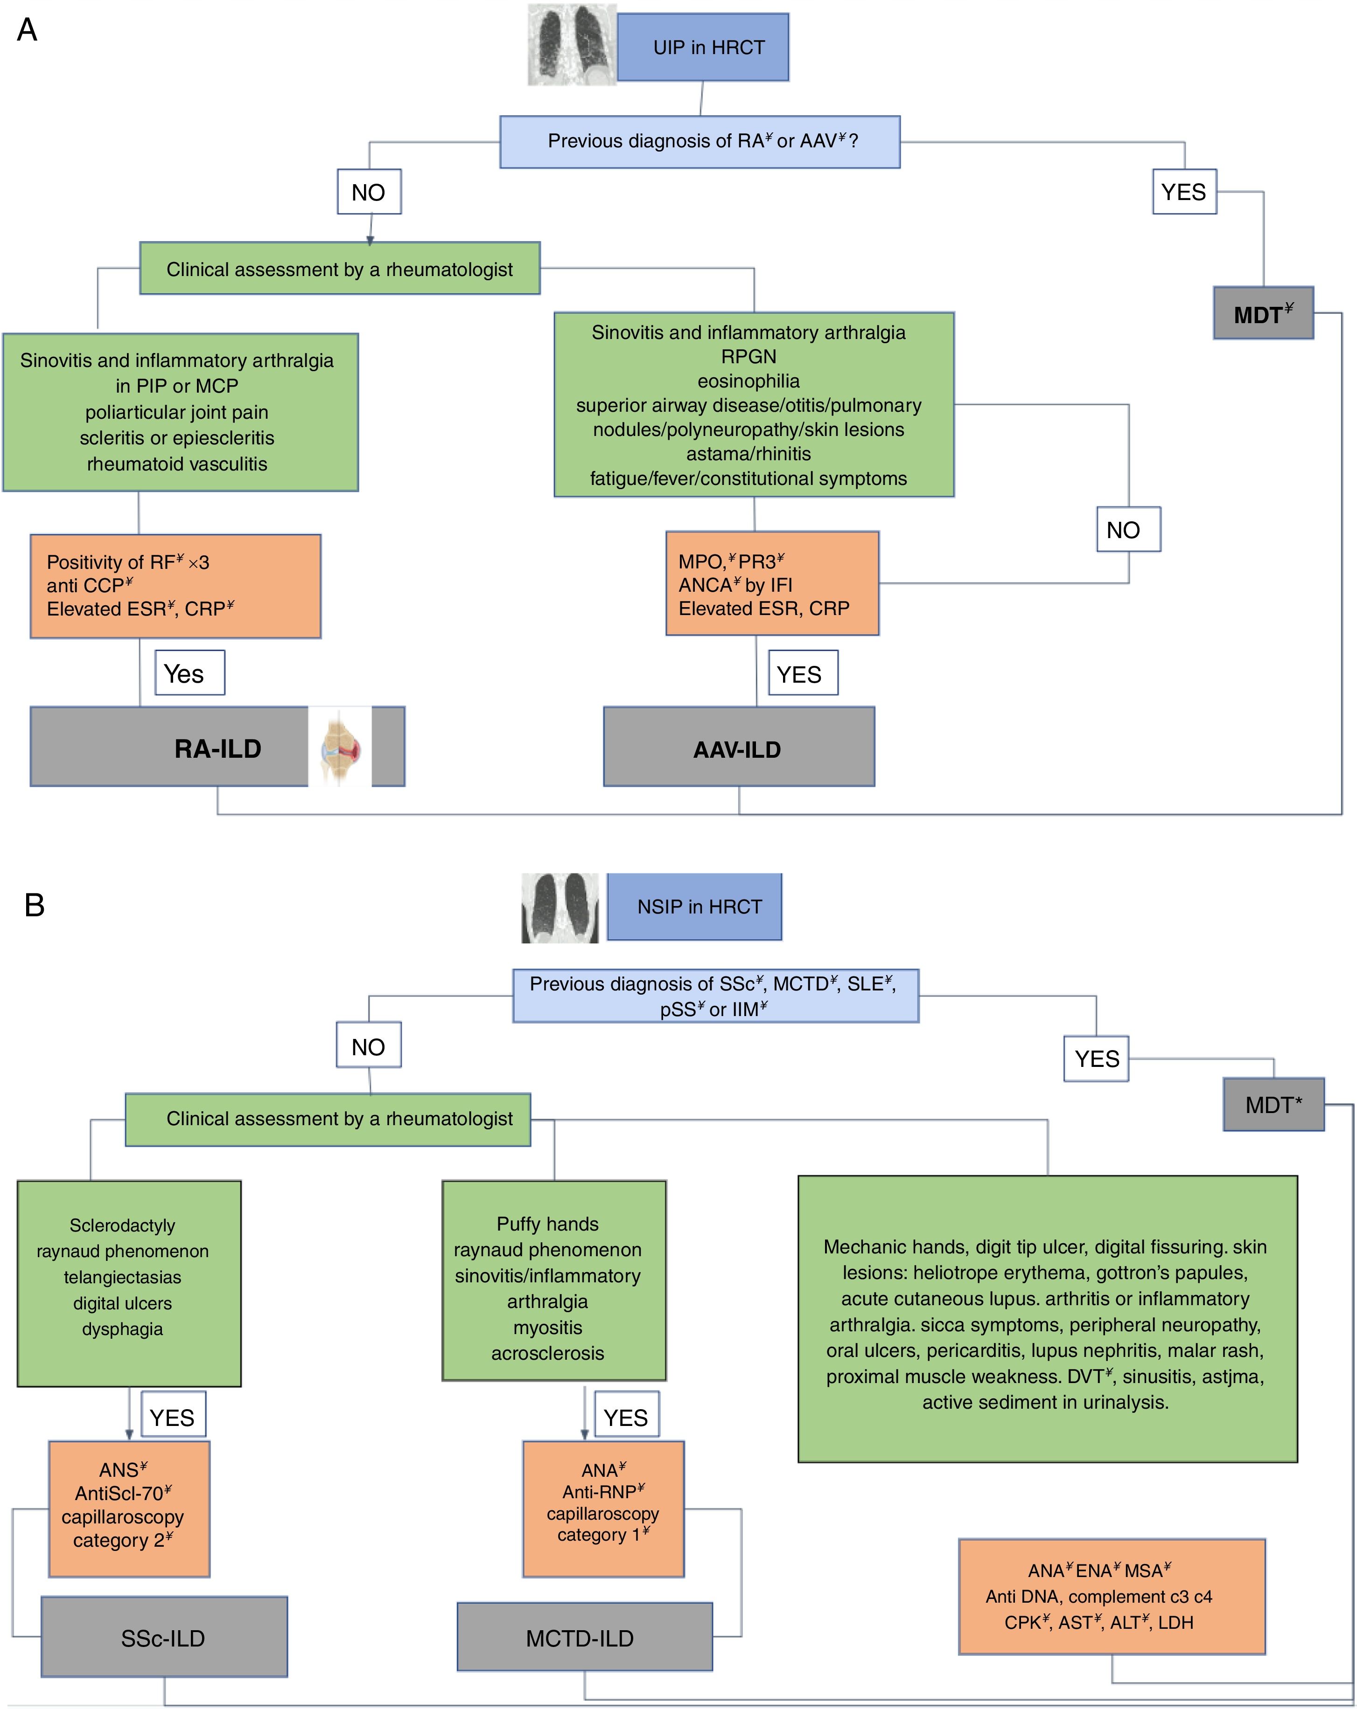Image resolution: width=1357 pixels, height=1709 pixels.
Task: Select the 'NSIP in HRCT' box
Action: (695, 907)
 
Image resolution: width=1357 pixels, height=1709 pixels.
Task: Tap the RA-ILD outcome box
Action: (217, 747)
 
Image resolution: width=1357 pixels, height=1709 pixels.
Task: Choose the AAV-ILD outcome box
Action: (738, 747)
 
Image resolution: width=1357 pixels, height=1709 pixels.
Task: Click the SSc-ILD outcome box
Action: (164, 1637)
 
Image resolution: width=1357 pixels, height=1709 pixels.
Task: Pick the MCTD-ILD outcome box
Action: (585, 1637)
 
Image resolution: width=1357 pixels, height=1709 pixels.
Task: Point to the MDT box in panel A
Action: (1263, 313)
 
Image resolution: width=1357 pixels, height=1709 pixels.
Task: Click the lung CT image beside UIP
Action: (572, 44)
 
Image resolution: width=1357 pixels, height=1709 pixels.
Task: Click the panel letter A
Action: (27, 30)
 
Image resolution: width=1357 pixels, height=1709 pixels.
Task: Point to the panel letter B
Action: (34, 905)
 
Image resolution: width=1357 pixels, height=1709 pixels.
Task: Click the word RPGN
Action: (748, 357)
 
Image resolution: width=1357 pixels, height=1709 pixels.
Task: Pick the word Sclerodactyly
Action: (122, 1225)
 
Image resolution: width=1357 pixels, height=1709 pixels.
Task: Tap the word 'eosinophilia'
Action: (748, 381)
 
